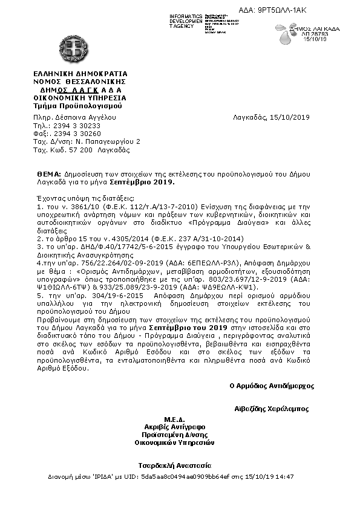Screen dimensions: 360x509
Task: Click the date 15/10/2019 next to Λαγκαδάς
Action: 290,117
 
